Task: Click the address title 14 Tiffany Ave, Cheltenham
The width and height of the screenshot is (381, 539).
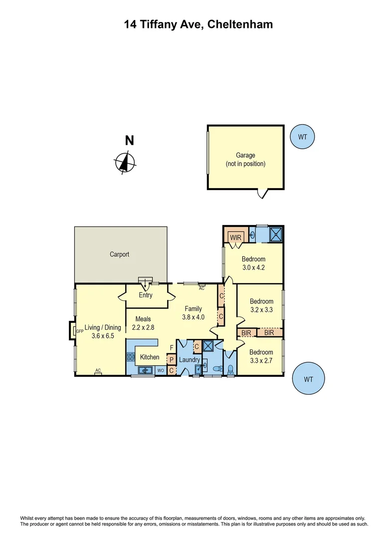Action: (x=198, y=24)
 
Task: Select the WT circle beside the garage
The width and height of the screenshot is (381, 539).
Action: (x=303, y=136)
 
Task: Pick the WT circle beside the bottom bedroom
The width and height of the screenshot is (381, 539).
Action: (x=308, y=379)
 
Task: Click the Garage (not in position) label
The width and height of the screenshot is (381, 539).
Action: (x=245, y=160)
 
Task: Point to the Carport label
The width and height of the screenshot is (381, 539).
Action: (x=120, y=255)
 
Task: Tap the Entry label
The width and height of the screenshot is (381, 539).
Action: (x=146, y=295)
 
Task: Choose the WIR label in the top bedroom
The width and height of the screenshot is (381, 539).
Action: (x=235, y=238)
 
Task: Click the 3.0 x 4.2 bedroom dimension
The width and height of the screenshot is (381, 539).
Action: (x=253, y=268)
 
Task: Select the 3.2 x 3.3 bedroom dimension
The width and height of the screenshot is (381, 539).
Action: (x=261, y=310)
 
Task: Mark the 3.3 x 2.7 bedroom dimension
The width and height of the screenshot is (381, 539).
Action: (x=261, y=360)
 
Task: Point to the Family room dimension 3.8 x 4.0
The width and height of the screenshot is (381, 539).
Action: (x=193, y=317)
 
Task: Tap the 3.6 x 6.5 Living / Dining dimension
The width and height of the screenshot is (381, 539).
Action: (x=103, y=336)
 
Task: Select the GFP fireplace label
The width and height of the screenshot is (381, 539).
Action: (x=79, y=330)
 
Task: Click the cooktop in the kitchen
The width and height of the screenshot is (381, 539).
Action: (x=131, y=357)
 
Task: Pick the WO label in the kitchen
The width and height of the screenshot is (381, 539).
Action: (x=161, y=371)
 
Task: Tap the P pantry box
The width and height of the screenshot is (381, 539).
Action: (x=172, y=360)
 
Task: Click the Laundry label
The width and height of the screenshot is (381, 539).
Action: (x=190, y=360)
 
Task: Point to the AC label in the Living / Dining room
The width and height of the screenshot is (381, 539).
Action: (x=98, y=370)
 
